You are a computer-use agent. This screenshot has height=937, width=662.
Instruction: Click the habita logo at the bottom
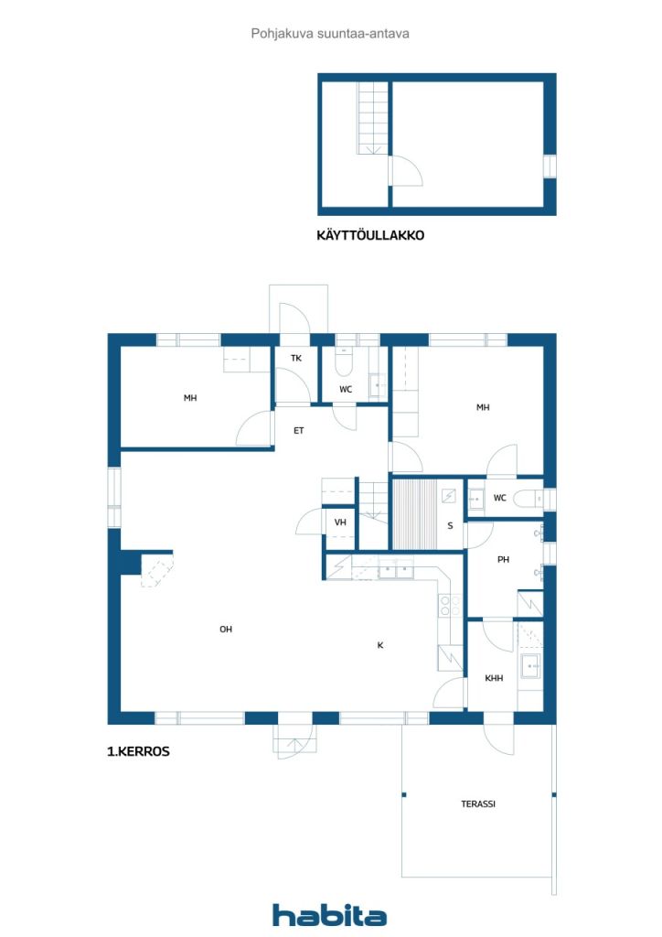pyautogui.click(x=329, y=915)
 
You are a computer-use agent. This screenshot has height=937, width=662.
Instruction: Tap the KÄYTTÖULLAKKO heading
pyautogui.click(x=370, y=235)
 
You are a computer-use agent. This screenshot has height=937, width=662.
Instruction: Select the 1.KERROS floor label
pyautogui.click(x=138, y=751)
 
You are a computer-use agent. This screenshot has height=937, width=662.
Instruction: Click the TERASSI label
pyautogui.click(x=478, y=803)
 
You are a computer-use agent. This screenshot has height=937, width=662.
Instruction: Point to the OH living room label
pyautogui.click(x=226, y=629)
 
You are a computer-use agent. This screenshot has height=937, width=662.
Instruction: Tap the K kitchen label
pyautogui.click(x=380, y=645)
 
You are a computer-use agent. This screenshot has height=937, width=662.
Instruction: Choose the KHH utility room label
pyautogui.click(x=494, y=678)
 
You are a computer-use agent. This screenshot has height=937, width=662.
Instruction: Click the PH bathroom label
pyautogui.click(x=503, y=559)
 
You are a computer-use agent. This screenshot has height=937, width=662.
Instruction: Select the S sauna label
pyautogui.click(x=450, y=525)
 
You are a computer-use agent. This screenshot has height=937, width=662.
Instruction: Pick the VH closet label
pyautogui.click(x=340, y=522)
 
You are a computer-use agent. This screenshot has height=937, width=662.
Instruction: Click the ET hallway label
pyautogui.click(x=298, y=430)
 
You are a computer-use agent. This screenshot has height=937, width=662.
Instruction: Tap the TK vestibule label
pyautogui.click(x=296, y=358)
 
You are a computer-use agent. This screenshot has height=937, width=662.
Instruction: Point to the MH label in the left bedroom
pyautogui.click(x=190, y=397)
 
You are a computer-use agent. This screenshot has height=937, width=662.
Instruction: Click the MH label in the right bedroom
pyautogui.click(x=483, y=407)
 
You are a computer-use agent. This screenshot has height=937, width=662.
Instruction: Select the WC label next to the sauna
pyautogui.click(x=499, y=497)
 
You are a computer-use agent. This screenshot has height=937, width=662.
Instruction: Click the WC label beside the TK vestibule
pyautogui.click(x=346, y=389)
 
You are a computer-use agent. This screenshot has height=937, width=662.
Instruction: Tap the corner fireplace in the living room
pyautogui.click(x=156, y=569)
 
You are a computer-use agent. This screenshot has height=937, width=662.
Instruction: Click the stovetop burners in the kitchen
pyautogui.click(x=450, y=606)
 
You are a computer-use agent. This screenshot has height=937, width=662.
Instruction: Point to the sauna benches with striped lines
pyautogui.click(x=414, y=513)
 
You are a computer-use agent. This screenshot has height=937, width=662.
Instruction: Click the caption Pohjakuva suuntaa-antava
pyautogui.click(x=330, y=34)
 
